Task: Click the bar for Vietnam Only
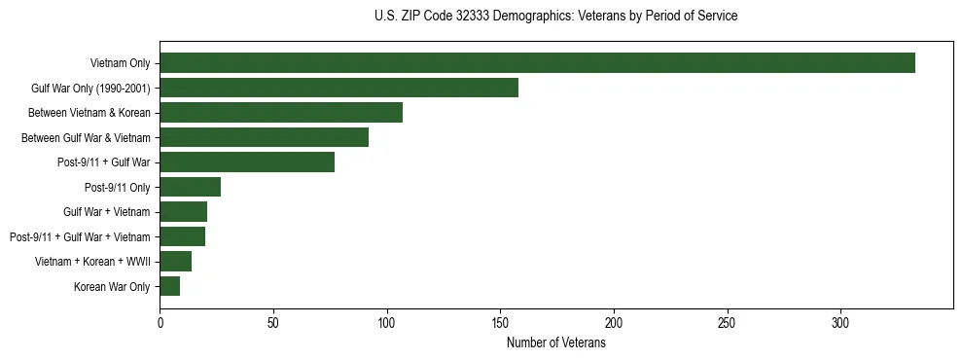[x=537, y=63]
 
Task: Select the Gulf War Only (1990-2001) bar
[x=338, y=88]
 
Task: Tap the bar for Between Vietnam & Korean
[x=281, y=113]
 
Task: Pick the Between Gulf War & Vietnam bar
[x=264, y=137]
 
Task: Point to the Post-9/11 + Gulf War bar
[x=247, y=162]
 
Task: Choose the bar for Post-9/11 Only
[x=190, y=187]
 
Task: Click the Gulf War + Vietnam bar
[x=183, y=212]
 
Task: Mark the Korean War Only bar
[x=169, y=286]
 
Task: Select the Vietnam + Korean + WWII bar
[x=175, y=262]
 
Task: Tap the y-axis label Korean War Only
[x=112, y=286]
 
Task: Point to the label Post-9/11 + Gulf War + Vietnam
[x=80, y=236]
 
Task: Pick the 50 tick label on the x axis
[x=273, y=322]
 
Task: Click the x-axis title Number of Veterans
[x=555, y=342]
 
